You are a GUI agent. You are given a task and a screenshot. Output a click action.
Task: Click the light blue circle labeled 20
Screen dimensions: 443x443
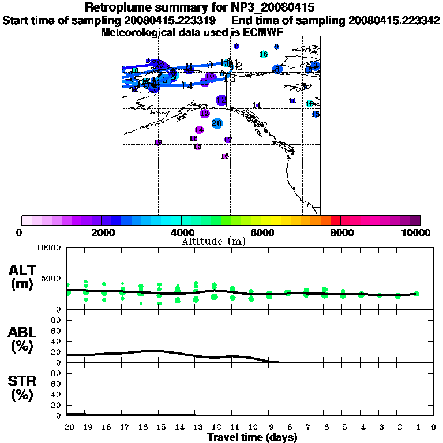(x=217, y=123)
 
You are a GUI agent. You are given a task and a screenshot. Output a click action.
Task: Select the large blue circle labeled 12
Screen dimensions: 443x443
(x=221, y=100)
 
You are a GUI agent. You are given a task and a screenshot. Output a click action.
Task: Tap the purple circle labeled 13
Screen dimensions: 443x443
(x=204, y=114)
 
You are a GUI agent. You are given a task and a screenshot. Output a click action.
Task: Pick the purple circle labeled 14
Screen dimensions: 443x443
(x=199, y=130)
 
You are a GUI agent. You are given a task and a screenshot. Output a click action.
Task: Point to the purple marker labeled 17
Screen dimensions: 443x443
(x=228, y=140)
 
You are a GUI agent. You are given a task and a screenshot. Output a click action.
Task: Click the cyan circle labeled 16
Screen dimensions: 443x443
(x=264, y=54)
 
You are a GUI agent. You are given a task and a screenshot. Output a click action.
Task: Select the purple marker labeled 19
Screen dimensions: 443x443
(x=158, y=142)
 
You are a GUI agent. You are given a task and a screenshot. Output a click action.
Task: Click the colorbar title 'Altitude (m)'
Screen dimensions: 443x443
(x=213, y=241)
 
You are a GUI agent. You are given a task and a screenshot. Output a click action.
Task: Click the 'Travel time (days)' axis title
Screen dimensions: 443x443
(x=252, y=437)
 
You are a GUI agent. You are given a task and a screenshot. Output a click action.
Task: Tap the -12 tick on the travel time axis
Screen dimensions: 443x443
(x=213, y=427)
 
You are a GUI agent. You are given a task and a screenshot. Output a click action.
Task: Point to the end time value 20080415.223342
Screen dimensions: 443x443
(x=390, y=21)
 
